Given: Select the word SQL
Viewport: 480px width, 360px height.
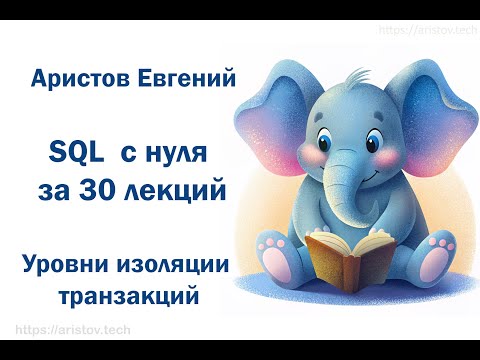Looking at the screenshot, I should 76,152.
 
